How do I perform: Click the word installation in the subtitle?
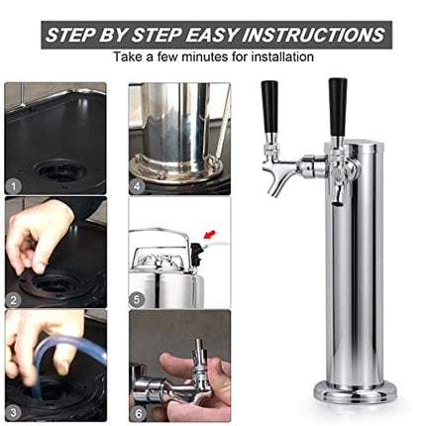point(280,57)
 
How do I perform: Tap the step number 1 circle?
point(14,184)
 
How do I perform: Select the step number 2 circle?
point(14,298)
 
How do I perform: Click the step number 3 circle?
point(14,411)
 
